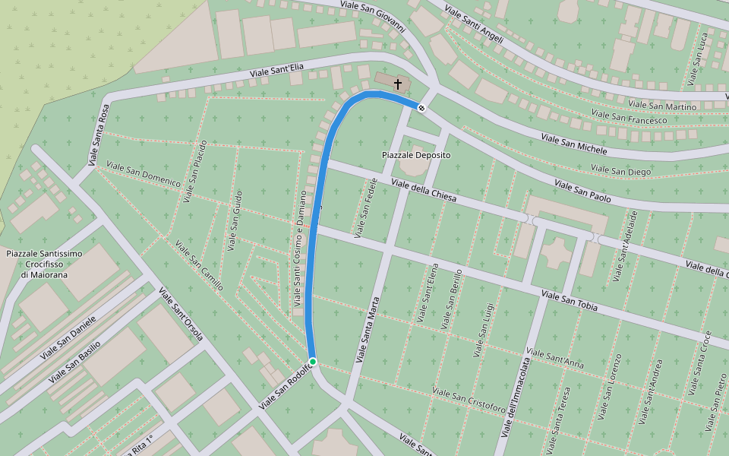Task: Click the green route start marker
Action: click(312, 361)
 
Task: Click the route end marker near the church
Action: click(421, 108)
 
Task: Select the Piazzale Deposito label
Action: click(415, 155)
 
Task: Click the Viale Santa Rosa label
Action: click(99, 135)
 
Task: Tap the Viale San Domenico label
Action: click(144, 174)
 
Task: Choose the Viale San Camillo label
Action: click(199, 266)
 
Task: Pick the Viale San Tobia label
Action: click(570, 301)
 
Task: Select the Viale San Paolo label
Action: click(582, 190)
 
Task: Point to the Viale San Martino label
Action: click(663, 106)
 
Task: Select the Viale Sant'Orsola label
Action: click(181, 313)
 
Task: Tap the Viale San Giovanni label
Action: click(373, 15)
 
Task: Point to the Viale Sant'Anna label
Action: click(554, 359)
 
